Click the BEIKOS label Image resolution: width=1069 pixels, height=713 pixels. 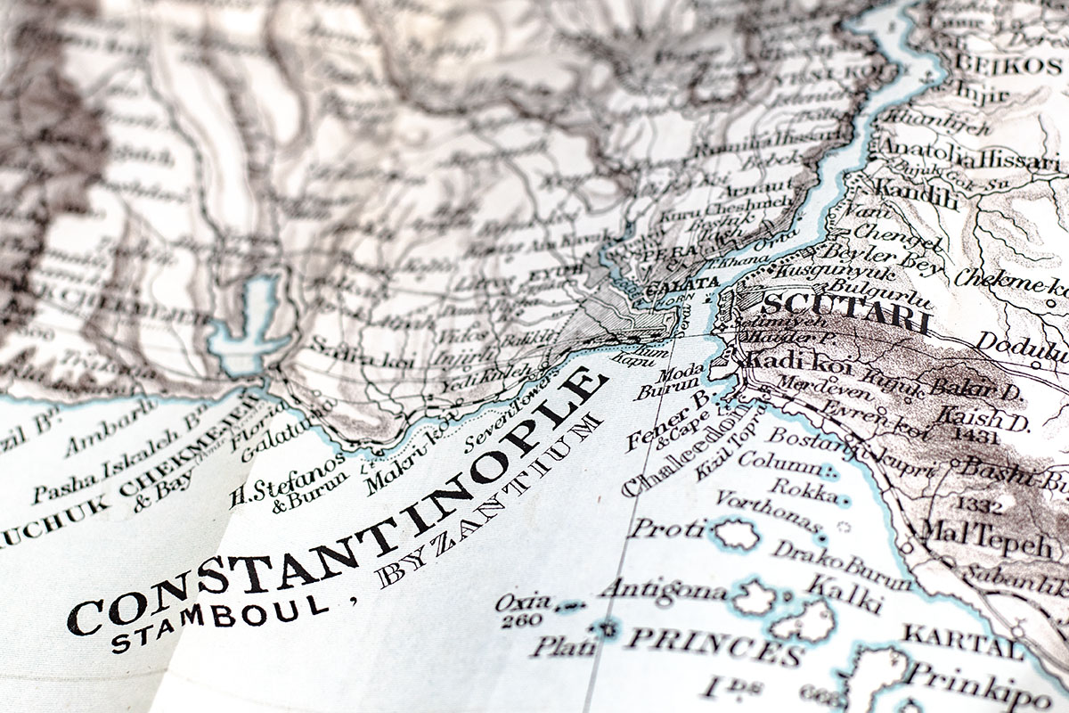(x=1007, y=64)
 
